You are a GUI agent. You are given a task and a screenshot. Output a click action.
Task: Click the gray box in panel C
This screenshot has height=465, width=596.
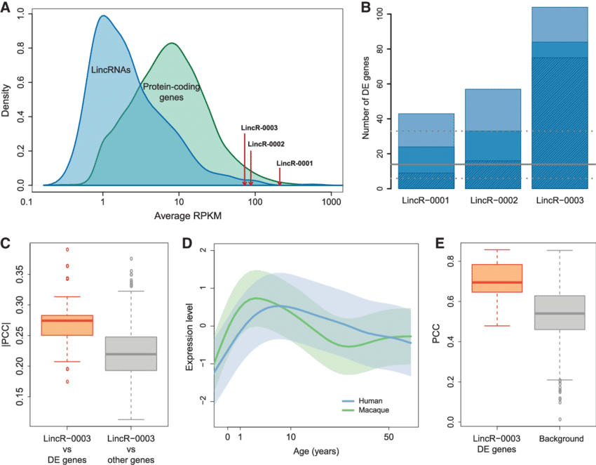pyautogui.click(x=131, y=353)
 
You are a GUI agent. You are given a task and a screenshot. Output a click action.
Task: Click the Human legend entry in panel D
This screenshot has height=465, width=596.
pyautogui.click(x=370, y=399)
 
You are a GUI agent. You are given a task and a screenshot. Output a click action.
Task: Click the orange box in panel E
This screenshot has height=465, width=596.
pyautogui.click(x=497, y=278)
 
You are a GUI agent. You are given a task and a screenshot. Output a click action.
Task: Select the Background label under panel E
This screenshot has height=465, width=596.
pyautogui.click(x=562, y=439)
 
